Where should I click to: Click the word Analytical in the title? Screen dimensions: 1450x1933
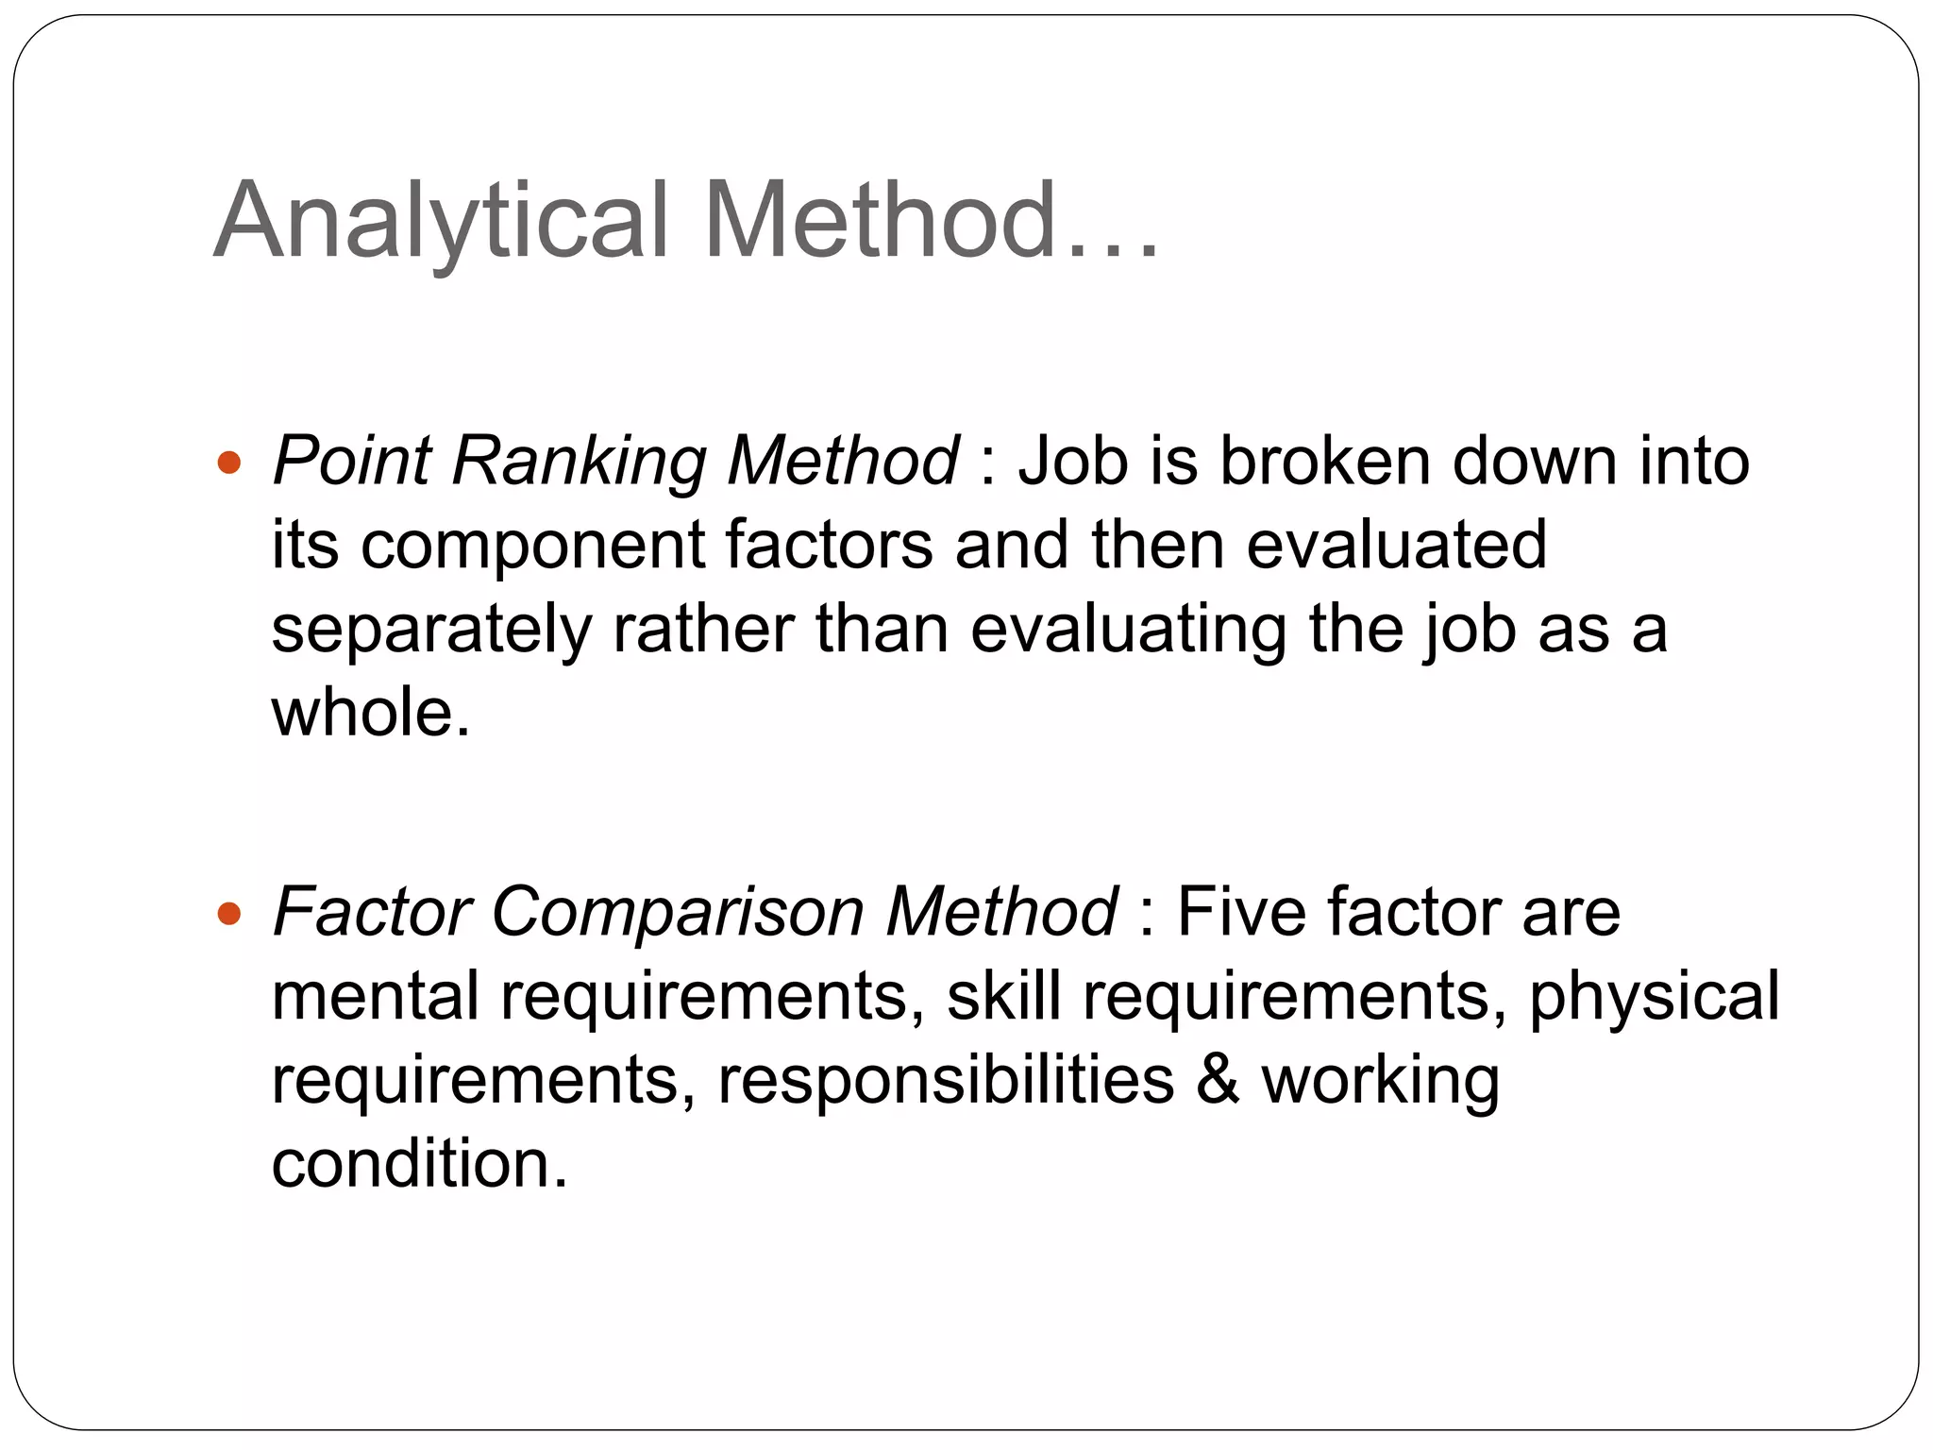coord(441,222)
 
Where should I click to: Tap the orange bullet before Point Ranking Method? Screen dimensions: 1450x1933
coord(229,464)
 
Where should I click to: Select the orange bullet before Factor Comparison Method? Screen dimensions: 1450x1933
coord(229,914)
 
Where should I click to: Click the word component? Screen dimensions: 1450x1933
coord(532,546)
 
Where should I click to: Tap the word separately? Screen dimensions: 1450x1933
coord(430,631)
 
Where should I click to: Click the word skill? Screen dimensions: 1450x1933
coord(1003,996)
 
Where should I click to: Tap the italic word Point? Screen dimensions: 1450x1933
coord(351,463)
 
